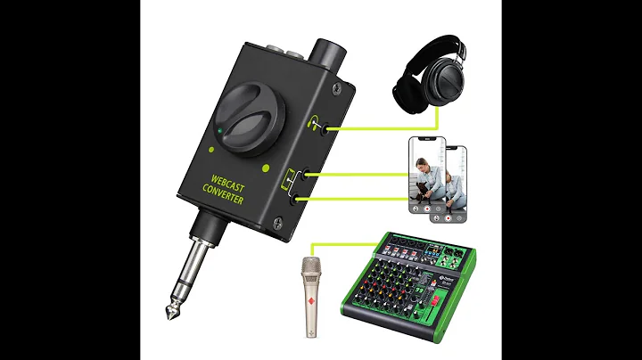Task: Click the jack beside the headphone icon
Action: click(331, 129)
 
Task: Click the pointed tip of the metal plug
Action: click(169, 315)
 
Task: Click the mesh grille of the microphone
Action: click(311, 267)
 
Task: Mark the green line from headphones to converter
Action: click(383, 129)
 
